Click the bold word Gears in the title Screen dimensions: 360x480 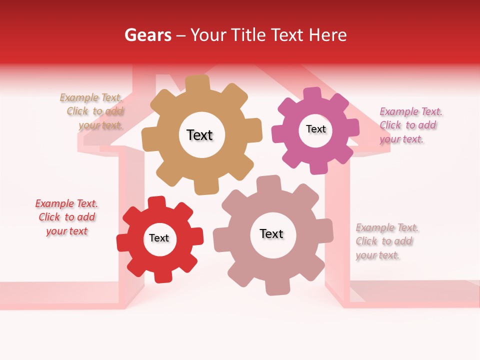coord(147,35)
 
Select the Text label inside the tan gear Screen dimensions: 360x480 coord(199,135)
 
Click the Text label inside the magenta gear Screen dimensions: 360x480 coord(315,129)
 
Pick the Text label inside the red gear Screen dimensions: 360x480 coord(159,238)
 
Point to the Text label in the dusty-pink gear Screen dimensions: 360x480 coord(271,234)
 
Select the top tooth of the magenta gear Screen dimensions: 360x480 coord(311,94)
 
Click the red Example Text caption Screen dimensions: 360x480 coord(66,217)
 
